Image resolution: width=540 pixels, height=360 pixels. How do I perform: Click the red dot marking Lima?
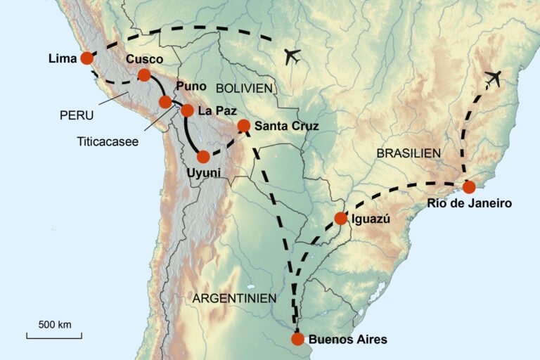pyautogui.click(x=86, y=58)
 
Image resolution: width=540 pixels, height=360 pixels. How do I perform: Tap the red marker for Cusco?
pyautogui.click(x=144, y=75)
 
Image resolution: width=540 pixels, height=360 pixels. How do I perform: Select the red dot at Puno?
pyautogui.click(x=165, y=102)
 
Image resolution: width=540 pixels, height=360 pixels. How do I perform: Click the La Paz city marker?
pyautogui.click(x=187, y=110)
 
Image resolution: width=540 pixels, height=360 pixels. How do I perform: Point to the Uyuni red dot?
pyautogui.click(x=203, y=157)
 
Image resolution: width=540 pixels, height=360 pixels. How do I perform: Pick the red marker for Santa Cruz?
pyautogui.click(x=244, y=126)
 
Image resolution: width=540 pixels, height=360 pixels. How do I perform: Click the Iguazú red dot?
pyautogui.click(x=340, y=218)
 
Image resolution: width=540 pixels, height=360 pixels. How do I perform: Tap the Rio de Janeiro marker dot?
pyautogui.click(x=468, y=187)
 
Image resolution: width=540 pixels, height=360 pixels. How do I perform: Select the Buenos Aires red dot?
pyautogui.click(x=297, y=339)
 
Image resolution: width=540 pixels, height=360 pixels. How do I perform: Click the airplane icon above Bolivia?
pyautogui.click(x=292, y=56)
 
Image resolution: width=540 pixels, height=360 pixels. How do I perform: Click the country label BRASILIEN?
pyautogui.click(x=409, y=153)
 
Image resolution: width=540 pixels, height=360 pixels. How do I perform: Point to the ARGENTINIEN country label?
pyautogui.click(x=234, y=298)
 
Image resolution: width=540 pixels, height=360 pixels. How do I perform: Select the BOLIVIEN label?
pyautogui.click(x=244, y=88)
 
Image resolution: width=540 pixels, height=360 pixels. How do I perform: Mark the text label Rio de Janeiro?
pyautogui.click(x=469, y=204)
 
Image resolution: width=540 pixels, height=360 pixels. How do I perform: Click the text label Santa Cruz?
pyautogui.click(x=287, y=127)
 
